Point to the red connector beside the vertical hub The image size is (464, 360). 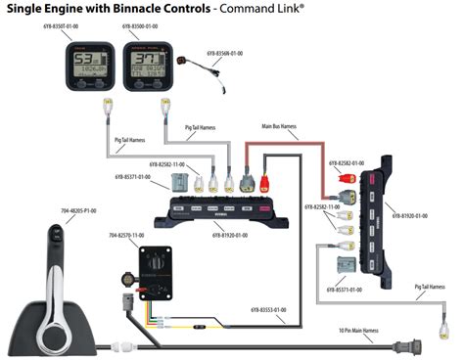click(x=345, y=180)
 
